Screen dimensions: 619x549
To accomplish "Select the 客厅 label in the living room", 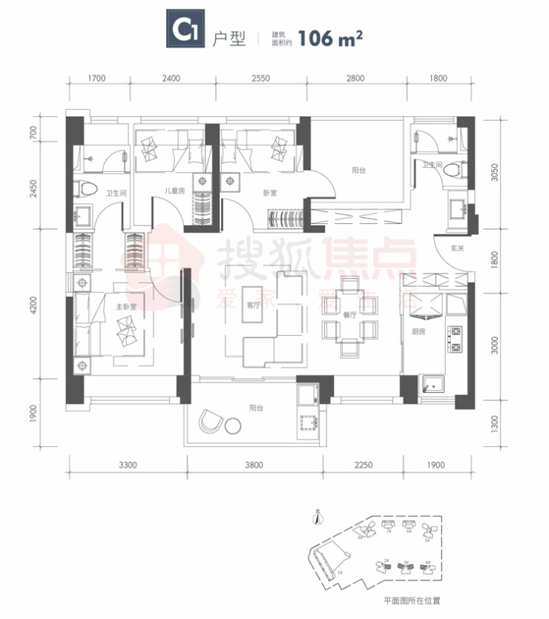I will [255, 305].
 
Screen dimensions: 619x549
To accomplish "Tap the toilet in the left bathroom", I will [86, 188].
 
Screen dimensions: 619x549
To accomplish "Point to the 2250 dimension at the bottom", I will [362, 466].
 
